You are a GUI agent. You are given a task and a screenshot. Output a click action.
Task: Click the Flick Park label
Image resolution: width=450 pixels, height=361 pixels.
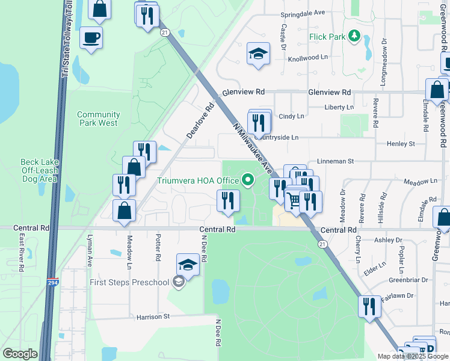click(x=327, y=37)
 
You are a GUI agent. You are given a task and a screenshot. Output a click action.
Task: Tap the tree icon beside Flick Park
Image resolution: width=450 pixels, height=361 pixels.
click(x=354, y=36)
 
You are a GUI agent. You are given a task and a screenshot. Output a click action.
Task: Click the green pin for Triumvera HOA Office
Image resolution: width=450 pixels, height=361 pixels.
click(x=247, y=179)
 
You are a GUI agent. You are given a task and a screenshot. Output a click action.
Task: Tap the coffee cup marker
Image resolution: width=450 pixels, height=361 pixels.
click(x=91, y=39)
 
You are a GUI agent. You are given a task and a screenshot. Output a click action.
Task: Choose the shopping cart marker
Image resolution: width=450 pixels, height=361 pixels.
click(x=294, y=200)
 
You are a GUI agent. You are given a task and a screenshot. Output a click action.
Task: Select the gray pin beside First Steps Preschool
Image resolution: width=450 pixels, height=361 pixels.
click(x=177, y=282)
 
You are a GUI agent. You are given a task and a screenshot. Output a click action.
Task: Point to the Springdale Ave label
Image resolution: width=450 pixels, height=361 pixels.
click(x=303, y=12)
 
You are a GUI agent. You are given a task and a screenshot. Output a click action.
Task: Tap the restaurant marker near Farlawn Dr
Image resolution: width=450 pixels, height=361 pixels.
click(x=369, y=307)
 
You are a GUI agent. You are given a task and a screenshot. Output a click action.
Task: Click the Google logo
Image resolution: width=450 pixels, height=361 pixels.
click(x=20, y=354)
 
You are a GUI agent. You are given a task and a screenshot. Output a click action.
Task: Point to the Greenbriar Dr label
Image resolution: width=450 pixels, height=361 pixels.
click(x=408, y=280)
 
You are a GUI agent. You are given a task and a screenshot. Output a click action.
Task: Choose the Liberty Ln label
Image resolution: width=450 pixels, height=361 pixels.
click(x=339, y=107)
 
